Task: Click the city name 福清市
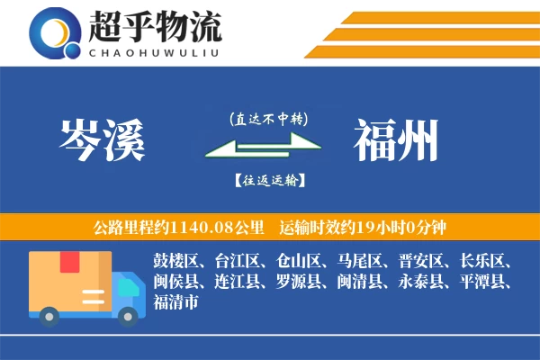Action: pyautogui.click(x=175, y=301)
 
